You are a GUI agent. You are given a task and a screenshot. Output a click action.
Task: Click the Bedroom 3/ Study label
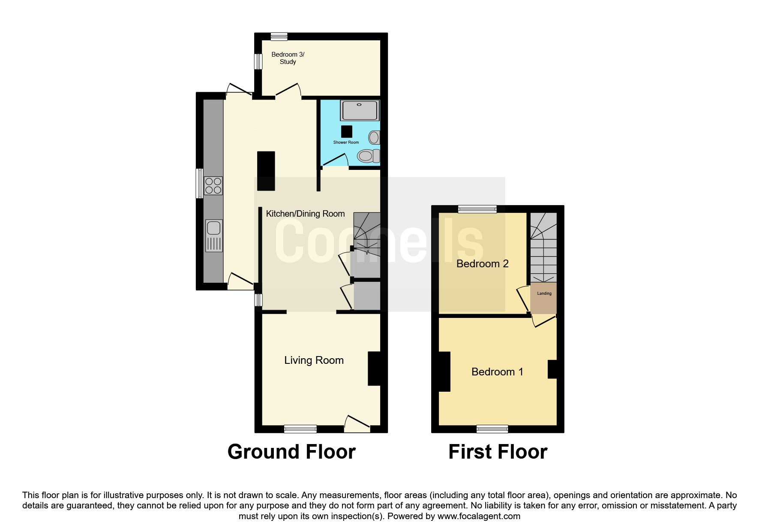(x=288, y=58)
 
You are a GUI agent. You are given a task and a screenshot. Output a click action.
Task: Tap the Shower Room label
(x=346, y=142)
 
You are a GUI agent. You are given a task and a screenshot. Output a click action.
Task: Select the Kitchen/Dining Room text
(x=305, y=214)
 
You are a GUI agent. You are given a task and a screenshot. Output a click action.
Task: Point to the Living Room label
(x=314, y=360)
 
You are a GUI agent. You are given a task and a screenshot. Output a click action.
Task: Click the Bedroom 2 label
(x=483, y=264)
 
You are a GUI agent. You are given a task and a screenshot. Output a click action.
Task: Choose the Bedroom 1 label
(x=497, y=372)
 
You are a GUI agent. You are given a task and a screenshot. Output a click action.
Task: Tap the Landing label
(x=544, y=293)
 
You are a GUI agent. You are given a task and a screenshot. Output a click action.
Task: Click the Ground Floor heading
(x=291, y=452)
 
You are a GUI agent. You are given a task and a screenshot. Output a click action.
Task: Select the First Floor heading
(x=498, y=452)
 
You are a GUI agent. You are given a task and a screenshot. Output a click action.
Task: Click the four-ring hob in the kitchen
(x=213, y=186)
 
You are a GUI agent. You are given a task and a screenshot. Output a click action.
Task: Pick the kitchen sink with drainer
(x=213, y=236)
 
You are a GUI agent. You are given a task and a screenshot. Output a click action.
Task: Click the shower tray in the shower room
(x=360, y=111)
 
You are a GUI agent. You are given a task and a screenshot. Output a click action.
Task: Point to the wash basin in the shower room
(x=374, y=137)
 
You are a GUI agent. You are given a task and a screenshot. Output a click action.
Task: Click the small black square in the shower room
(x=347, y=131)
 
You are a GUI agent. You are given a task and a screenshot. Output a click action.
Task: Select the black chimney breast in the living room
(x=374, y=369)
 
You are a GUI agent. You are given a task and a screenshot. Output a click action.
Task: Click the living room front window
(x=300, y=429)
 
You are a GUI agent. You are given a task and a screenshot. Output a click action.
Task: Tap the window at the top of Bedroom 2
(x=477, y=209)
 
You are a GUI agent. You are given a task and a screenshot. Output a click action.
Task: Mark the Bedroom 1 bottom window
(x=492, y=429)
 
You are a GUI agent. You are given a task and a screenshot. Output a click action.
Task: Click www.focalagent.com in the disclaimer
(x=479, y=516)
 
